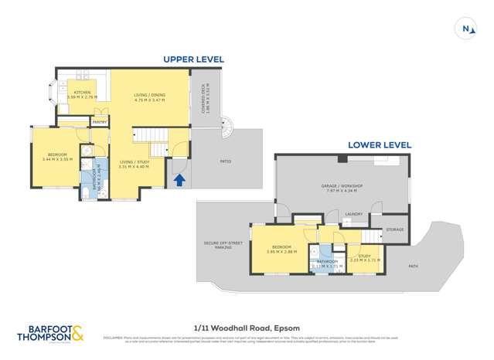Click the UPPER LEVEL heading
tap(192, 59)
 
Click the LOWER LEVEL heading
tap(379, 144)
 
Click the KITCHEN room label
tap(80, 93)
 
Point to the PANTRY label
tap(99, 122)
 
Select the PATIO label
tap(225, 161)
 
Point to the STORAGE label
tap(395, 229)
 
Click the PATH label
tap(414, 267)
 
